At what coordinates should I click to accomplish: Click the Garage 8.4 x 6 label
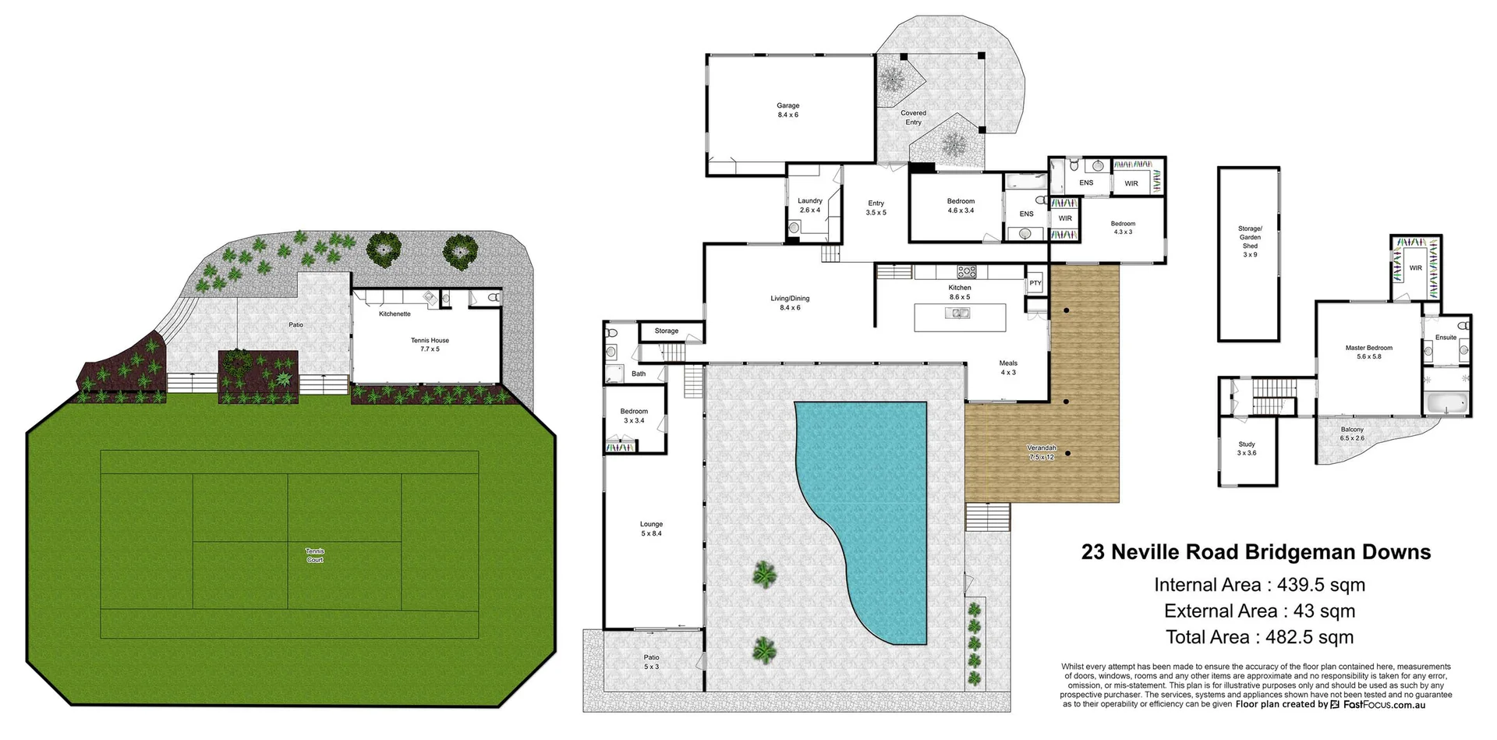click(787, 110)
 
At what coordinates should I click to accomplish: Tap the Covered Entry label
click(913, 118)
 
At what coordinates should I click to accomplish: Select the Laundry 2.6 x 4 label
click(809, 205)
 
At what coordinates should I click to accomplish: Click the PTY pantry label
click(1035, 283)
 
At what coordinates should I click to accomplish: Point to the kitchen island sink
click(957, 313)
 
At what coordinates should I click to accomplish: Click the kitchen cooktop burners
click(966, 272)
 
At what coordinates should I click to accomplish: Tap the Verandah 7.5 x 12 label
click(1041, 452)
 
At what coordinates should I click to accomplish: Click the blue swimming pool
click(865, 499)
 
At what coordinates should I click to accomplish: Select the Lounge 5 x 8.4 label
click(651, 529)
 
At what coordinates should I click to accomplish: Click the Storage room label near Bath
click(666, 331)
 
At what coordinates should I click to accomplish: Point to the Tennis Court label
click(314, 555)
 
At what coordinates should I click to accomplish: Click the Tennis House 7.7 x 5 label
click(430, 344)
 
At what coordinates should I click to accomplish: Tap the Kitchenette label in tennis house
click(395, 314)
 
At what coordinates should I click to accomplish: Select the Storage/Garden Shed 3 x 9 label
click(1250, 242)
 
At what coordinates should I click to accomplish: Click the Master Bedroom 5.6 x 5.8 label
click(1368, 352)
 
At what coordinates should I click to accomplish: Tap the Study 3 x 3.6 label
click(1247, 448)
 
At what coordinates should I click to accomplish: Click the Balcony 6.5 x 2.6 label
click(1352, 434)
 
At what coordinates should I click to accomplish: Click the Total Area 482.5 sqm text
click(1259, 637)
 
